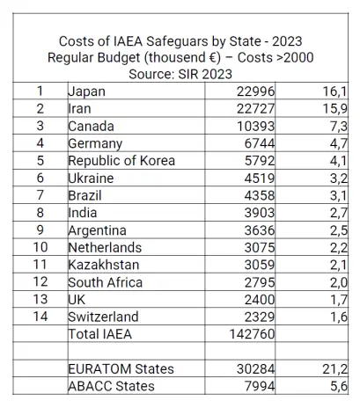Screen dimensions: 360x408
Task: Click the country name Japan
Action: coord(86,91)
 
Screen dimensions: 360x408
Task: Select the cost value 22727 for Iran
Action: coord(255,109)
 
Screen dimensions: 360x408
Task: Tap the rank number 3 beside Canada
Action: coord(40,126)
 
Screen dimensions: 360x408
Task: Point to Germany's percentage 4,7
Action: coord(338,143)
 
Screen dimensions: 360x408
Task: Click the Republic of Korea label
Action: coord(121,161)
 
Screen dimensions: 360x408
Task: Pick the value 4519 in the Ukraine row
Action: coord(260,178)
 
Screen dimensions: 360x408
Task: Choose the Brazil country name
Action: coord(84,195)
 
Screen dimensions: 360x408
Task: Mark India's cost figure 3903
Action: coord(260,213)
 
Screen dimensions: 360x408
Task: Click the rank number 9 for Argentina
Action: coord(40,229)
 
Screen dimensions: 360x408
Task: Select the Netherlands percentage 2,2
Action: coord(339,248)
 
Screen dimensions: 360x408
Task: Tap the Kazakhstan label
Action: coord(104,265)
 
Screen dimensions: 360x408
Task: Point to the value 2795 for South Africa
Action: coord(260,282)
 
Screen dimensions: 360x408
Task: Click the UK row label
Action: coord(77,300)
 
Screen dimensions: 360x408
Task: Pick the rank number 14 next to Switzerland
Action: coord(40,317)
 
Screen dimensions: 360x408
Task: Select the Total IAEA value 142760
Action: coord(252,334)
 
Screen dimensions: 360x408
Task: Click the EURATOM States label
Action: coord(121,368)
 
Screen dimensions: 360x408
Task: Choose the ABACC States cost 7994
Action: coord(260,386)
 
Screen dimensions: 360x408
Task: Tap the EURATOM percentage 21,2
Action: coord(334,369)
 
